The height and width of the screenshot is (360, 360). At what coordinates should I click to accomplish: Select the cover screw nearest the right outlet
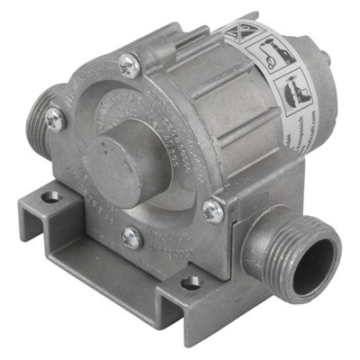[212, 211]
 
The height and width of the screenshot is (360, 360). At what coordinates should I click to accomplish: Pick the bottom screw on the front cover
[132, 238]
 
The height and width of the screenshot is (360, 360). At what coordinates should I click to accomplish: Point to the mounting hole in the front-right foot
[190, 283]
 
